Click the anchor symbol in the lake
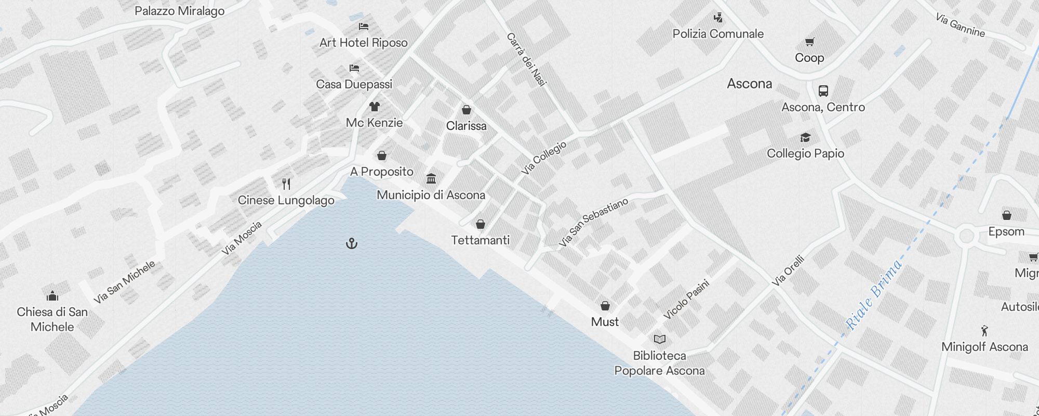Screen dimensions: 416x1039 [x=352, y=243]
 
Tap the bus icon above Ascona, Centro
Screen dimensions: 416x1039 [x=823, y=91]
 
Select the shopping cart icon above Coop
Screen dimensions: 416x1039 [x=809, y=42]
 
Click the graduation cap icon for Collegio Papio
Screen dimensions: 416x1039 [x=805, y=137]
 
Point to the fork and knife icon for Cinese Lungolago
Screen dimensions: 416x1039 [x=286, y=184]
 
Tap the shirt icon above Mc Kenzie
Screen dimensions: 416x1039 [x=374, y=107]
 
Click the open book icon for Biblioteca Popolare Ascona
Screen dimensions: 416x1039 [x=660, y=340]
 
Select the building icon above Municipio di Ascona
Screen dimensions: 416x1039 [x=431, y=179]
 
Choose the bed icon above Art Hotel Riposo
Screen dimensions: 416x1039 [x=364, y=26]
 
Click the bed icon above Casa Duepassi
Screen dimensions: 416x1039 [x=354, y=68]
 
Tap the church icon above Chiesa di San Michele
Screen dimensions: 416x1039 [x=52, y=296]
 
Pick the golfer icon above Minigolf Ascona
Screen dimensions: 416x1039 [x=984, y=331]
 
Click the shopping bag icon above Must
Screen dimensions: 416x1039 [x=605, y=305]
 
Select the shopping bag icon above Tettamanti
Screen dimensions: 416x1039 [x=481, y=224]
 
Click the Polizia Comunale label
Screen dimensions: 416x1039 [x=718, y=34]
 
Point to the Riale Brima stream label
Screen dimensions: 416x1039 [x=874, y=294]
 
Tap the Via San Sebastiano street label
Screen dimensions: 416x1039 [x=593, y=222]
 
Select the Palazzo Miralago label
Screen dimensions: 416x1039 [x=180, y=11]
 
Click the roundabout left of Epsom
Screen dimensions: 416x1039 [x=966, y=236]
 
